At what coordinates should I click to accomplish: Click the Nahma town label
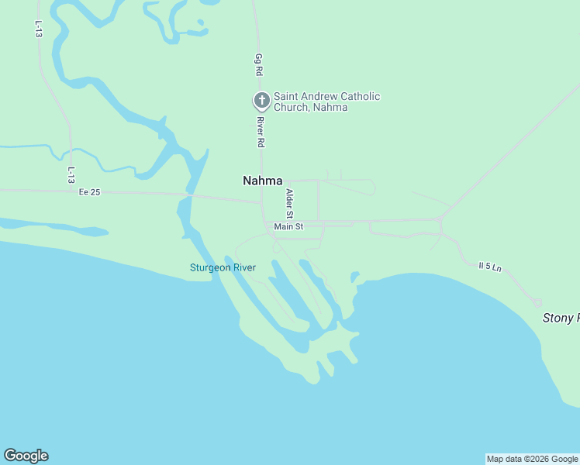(x=263, y=181)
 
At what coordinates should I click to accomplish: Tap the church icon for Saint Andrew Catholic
(x=262, y=101)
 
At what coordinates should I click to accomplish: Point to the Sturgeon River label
(x=223, y=268)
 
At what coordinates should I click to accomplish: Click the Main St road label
(x=288, y=227)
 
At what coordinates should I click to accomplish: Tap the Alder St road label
(x=290, y=203)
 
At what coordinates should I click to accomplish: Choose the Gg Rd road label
(x=259, y=64)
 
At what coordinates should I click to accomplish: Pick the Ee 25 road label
(x=90, y=192)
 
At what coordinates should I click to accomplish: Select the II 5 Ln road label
(x=490, y=267)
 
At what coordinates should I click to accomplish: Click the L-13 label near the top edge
(x=37, y=29)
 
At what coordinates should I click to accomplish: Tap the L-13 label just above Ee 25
(x=71, y=175)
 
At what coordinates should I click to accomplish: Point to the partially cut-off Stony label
(x=560, y=318)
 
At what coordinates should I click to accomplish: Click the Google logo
(x=26, y=456)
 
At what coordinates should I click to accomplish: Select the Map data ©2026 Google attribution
(x=532, y=459)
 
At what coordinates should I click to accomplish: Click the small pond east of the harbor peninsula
(x=354, y=277)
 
